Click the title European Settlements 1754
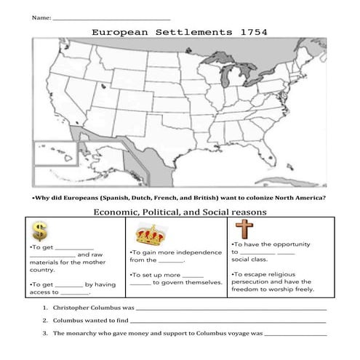[179, 32]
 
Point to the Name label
[41, 16]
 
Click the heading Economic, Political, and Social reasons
[180, 212]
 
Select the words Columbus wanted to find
[90, 320]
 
